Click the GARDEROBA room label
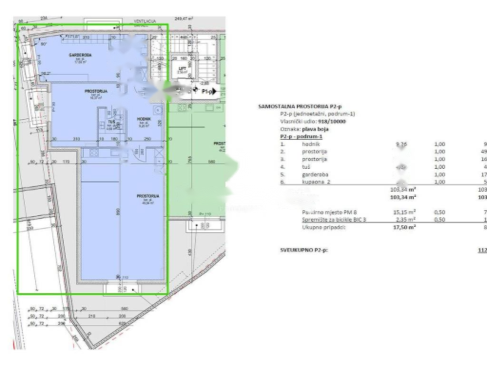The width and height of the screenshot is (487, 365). (80, 55)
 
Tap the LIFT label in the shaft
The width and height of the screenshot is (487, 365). (183, 68)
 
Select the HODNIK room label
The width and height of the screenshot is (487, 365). (144, 119)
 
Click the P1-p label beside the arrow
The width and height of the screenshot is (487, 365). (208, 91)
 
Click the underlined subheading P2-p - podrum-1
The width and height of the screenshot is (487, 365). (301, 136)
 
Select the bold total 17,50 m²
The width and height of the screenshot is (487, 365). (403, 227)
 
